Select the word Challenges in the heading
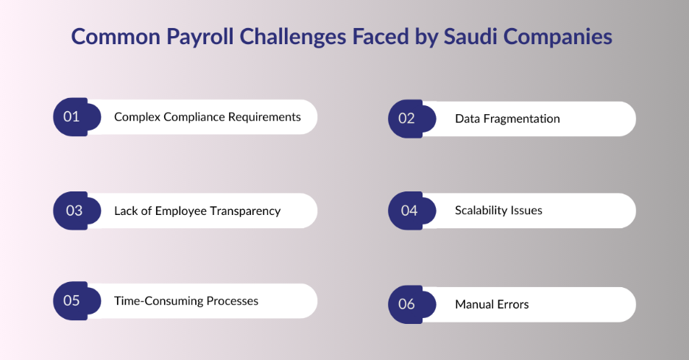click(293, 37)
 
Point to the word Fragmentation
click(522, 119)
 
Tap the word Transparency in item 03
click(244, 211)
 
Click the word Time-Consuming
click(158, 301)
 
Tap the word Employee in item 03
click(180, 211)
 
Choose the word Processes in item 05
click(233, 301)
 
